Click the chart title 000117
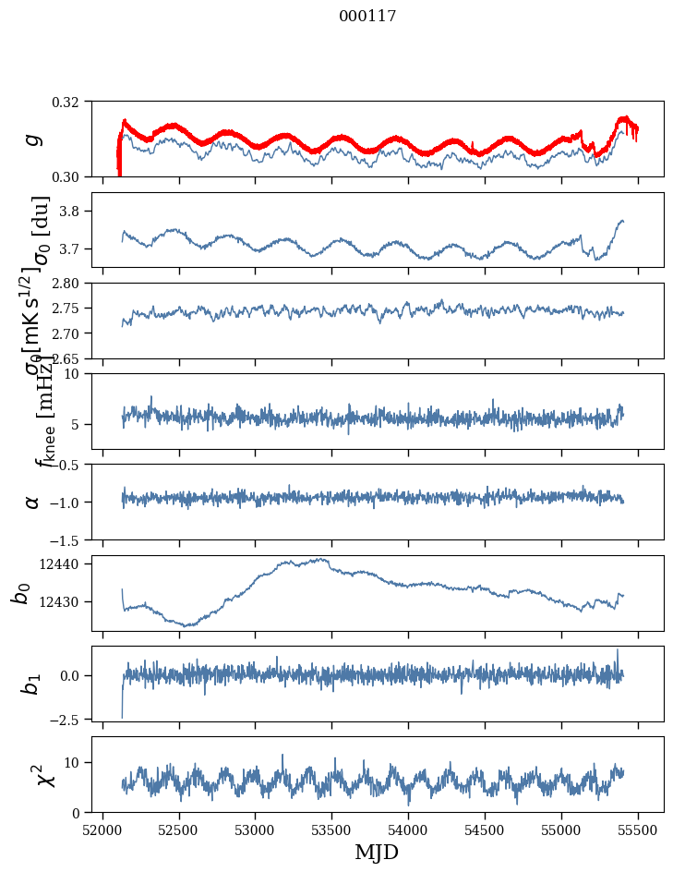point(367,17)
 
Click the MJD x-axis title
point(377,852)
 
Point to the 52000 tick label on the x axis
point(102,830)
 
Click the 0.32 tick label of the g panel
point(71,102)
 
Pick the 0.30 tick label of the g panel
point(71,176)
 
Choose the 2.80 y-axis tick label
point(71,284)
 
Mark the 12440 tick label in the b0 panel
point(66,563)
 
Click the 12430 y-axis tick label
point(66,601)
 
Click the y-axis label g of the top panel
point(33,139)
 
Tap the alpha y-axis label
point(33,502)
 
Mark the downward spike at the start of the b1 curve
point(122,715)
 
